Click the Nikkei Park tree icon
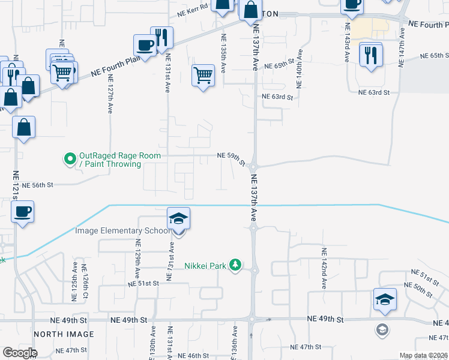pyautogui.click(x=237, y=265)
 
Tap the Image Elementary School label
pyautogui.click(x=122, y=230)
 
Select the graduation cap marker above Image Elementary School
pyautogui.click(x=178, y=218)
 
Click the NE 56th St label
pyautogui.click(x=37, y=186)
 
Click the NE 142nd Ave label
pyautogui.click(x=324, y=269)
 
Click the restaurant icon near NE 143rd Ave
pyautogui.click(x=370, y=55)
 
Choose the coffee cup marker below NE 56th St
pyautogui.click(x=22, y=212)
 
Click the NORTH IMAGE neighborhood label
pyautogui.click(x=64, y=334)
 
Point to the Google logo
pyautogui.click(x=20, y=352)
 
